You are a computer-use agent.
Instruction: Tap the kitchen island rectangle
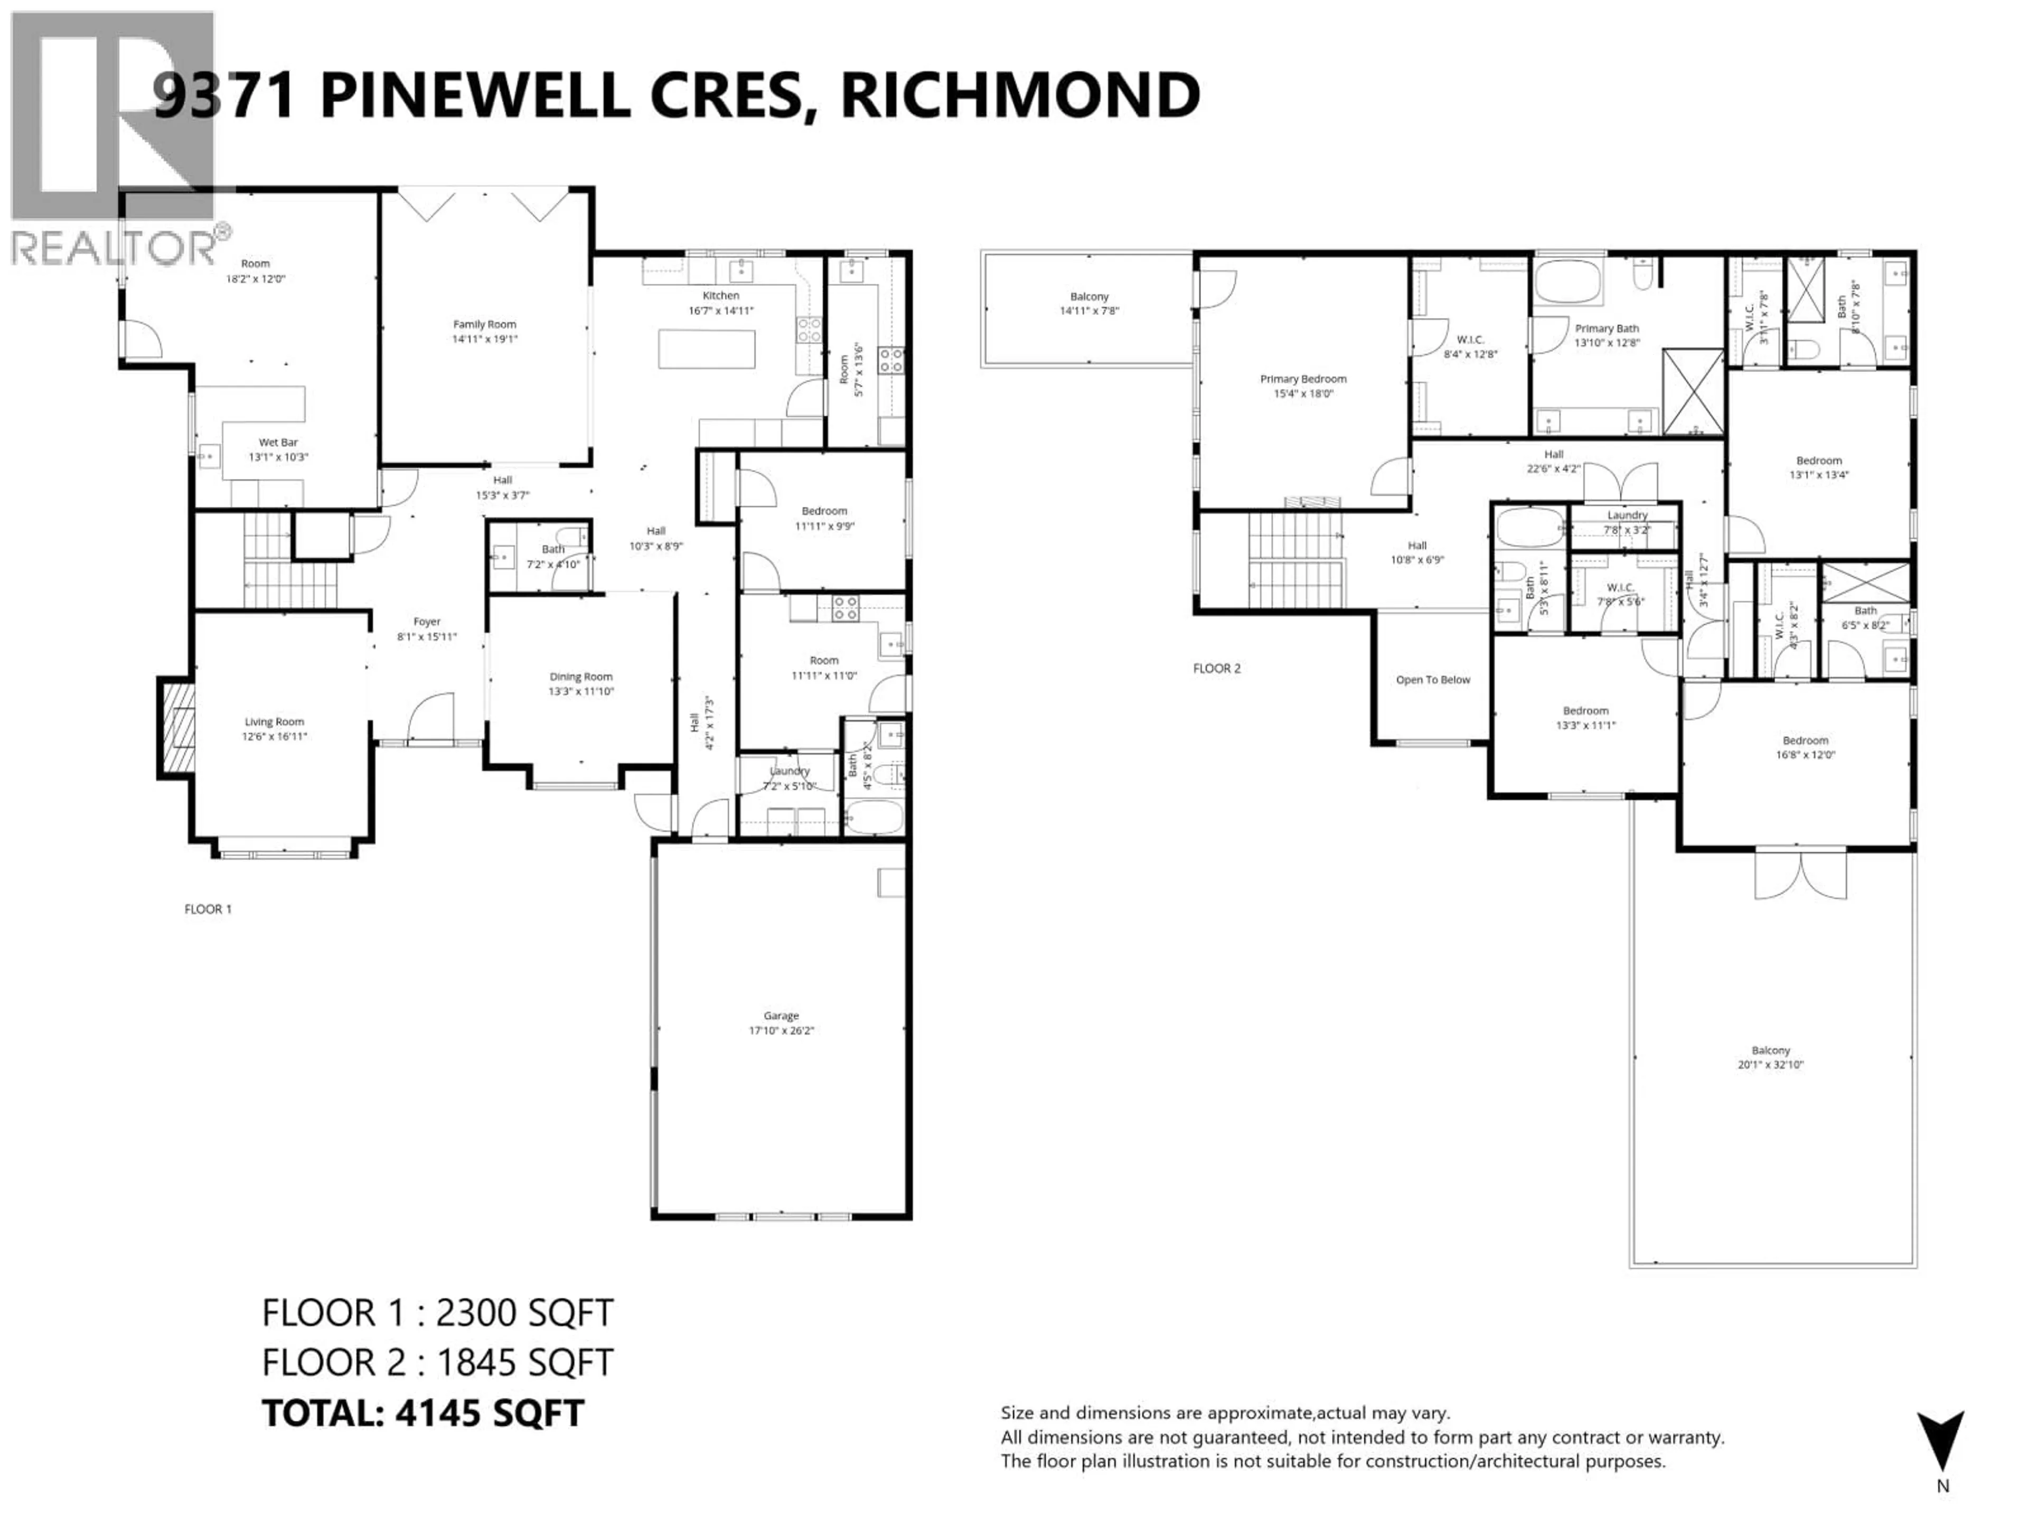pos(707,349)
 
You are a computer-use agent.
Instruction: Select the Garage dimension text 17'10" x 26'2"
pos(781,1030)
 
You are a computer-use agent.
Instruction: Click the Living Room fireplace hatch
pos(179,729)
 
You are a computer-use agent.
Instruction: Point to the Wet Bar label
pos(278,443)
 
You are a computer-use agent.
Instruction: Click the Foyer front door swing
pos(431,717)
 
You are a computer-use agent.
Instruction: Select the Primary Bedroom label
pos(1303,379)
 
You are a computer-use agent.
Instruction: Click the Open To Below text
pos(1432,679)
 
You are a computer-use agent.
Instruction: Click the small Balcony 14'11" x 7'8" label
pos(1089,297)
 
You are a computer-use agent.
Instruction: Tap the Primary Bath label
pos(1606,328)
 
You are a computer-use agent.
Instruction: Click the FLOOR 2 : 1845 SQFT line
pos(437,1363)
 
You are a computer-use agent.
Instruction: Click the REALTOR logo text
pos(115,248)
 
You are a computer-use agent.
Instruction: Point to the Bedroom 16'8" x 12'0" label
pos(1805,741)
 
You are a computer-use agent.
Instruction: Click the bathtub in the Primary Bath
pos(1568,281)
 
